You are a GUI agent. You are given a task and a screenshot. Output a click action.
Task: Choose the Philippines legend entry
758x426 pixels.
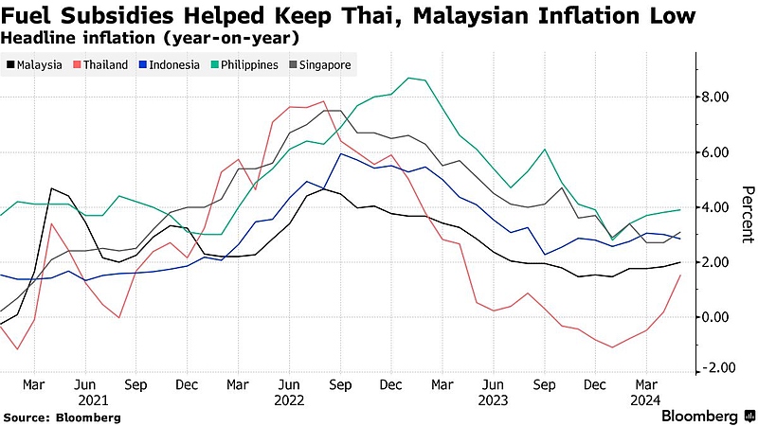pyautogui.click(x=244, y=64)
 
